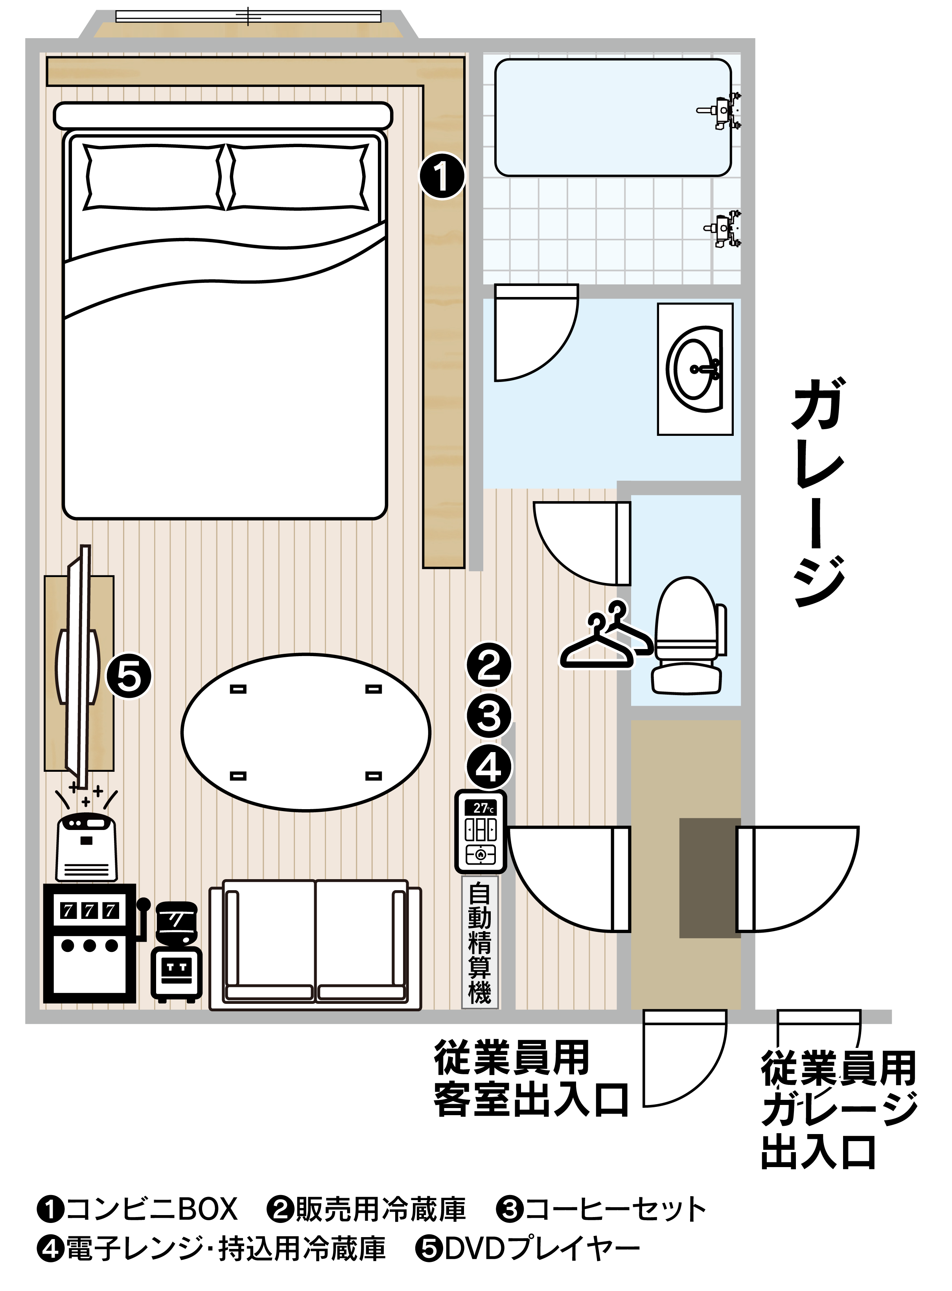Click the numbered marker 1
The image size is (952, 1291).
coord(442,175)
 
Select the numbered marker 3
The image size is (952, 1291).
coord(489,716)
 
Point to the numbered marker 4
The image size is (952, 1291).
coord(489,767)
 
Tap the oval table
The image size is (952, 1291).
coord(306,732)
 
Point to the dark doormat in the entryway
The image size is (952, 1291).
coord(709,878)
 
